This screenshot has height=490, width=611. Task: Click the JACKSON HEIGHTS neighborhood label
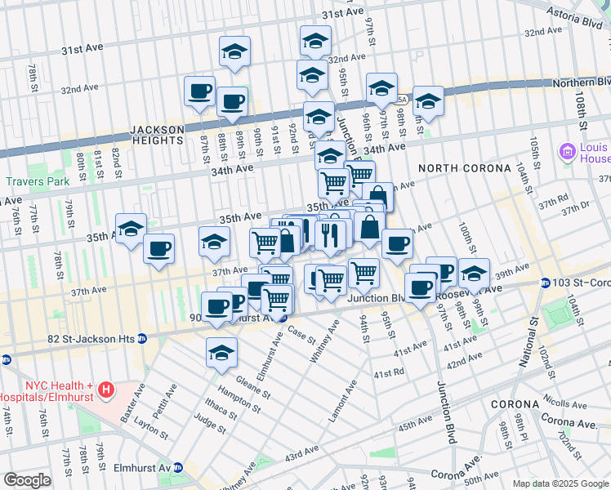[x=156, y=135]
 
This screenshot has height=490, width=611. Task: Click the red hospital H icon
[x=105, y=390]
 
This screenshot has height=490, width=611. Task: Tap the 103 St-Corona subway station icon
[x=545, y=283]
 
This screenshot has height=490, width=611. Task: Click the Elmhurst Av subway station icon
[x=178, y=468]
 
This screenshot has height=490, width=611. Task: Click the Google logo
[x=27, y=480]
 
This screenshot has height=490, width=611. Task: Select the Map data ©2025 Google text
[x=560, y=483]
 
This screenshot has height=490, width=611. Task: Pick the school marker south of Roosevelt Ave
[x=221, y=353]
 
